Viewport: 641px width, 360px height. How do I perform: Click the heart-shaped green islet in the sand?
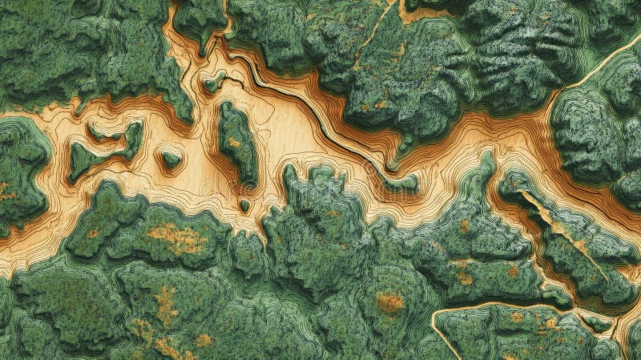tap(170, 159)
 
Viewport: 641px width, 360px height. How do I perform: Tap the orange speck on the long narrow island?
tap(233, 143)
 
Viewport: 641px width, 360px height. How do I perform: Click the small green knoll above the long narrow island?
tap(213, 80)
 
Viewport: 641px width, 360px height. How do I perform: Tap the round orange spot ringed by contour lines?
tap(389, 302)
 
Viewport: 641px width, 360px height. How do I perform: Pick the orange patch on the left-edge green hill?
tap(6, 192)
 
